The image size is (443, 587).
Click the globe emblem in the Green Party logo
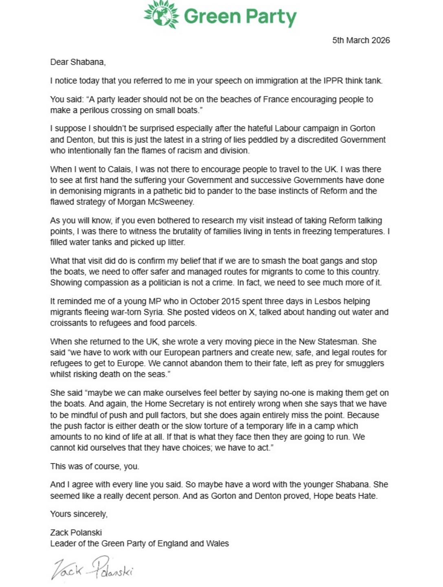(161, 15)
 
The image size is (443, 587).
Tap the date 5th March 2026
(361, 40)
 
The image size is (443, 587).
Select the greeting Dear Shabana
(78, 62)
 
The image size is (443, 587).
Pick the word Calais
(120, 169)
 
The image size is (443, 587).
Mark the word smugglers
(367, 363)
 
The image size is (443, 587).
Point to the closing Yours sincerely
(79, 514)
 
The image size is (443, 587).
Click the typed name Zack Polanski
(76, 532)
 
